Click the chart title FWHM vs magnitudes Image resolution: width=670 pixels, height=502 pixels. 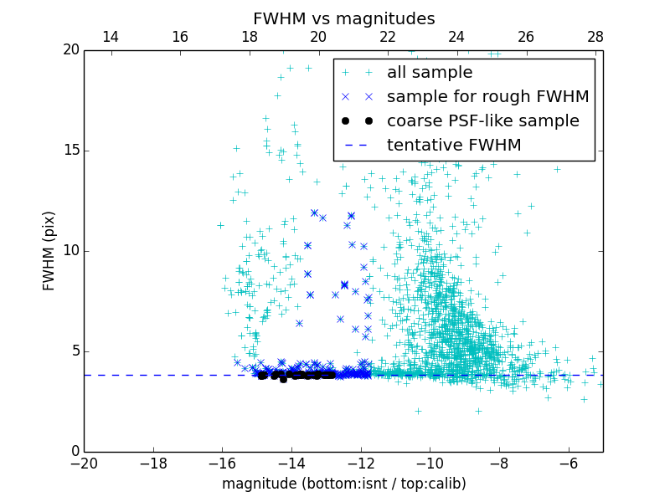point(343,18)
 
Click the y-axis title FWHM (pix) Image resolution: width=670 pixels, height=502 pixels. point(49,250)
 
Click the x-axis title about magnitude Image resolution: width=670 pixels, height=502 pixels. point(343,484)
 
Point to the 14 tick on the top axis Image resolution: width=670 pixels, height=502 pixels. point(110,38)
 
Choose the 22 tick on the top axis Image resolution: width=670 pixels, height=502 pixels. point(388,38)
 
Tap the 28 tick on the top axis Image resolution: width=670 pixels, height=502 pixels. point(595,38)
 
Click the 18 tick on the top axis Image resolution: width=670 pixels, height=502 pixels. point(249,38)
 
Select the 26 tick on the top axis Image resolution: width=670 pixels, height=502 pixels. point(526,38)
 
